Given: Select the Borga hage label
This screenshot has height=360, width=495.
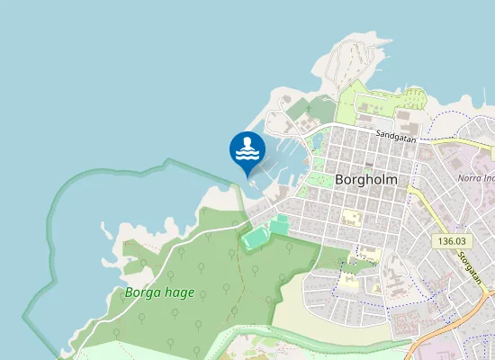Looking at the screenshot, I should point(159,292).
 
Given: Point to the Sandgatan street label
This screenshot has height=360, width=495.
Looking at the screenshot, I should point(396,136).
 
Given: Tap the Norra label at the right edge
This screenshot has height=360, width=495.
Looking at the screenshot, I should point(475,177).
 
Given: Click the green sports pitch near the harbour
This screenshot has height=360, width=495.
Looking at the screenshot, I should point(256,238).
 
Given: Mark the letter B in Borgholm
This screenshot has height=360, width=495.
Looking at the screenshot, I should point(340,178).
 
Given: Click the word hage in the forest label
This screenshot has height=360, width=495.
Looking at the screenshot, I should point(178,293).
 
